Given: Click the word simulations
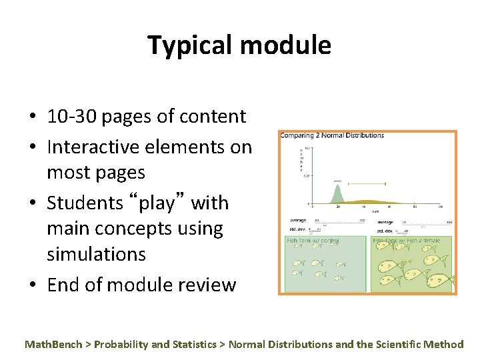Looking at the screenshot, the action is [96, 254].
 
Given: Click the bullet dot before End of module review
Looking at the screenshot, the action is [33, 285].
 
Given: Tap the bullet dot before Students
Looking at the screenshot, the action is [33, 203].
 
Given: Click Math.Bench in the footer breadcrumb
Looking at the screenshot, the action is [53, 345].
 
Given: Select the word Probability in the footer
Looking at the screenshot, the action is [121, 345].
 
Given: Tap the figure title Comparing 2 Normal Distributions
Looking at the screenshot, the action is [332, 135].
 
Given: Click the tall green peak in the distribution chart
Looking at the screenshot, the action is [337, 192].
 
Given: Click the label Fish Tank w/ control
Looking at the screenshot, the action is [313, 241].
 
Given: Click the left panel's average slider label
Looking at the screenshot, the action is [298, 221].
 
